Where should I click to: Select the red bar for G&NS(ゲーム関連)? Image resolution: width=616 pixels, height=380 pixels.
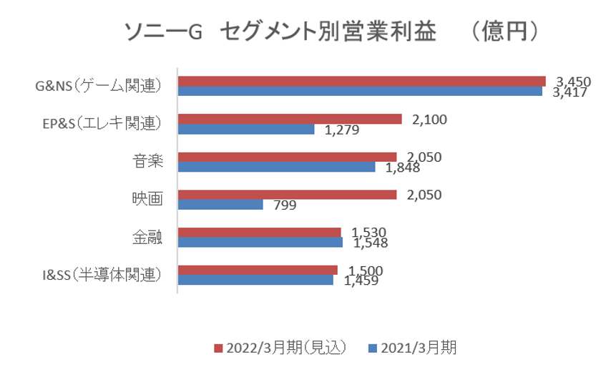coord(361,82)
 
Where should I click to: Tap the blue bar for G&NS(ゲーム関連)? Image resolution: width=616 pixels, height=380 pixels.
coord(360,91)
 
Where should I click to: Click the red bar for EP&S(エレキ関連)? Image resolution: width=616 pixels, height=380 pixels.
coord(290,120)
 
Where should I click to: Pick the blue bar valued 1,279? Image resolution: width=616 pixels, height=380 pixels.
coord(246,130)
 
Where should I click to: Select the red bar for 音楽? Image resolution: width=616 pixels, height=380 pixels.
coord(286,157)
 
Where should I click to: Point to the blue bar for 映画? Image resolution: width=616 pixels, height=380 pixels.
coord(220,205)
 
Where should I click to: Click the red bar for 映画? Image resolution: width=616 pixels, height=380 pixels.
coord(286,195)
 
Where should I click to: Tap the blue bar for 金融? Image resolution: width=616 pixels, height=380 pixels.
coord(260,242)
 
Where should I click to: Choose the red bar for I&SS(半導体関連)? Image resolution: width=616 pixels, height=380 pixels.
coord(257,270)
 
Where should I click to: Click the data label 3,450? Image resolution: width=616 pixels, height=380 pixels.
coord(572,82)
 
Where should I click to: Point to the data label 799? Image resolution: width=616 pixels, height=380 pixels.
coord(285,205)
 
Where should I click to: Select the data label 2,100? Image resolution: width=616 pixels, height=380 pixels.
coord(429,120)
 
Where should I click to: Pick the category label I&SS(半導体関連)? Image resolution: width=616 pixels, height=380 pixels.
coord(99,275)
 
